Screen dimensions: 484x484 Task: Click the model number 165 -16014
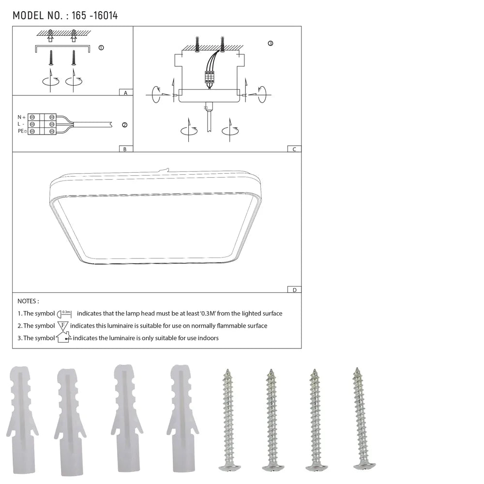[94, 15]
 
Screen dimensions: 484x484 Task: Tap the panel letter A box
[125, 92]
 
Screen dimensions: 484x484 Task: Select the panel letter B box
[125, 149]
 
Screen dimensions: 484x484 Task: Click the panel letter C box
[294, 149]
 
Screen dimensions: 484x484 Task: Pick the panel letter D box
[294, 290]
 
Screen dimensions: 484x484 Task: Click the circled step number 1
[101, 48]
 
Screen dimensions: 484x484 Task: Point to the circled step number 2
[124, 125]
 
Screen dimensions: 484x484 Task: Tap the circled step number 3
[270, 44]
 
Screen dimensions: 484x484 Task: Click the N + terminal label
[21, 117]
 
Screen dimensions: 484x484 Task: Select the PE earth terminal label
[22, 131]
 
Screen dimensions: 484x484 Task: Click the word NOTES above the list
[28, 302]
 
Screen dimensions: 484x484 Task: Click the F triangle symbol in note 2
[63, 326]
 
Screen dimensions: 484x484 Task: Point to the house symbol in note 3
[63, 337]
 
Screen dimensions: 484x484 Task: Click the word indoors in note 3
[208, 338]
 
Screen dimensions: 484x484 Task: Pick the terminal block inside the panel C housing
[210, 78]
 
